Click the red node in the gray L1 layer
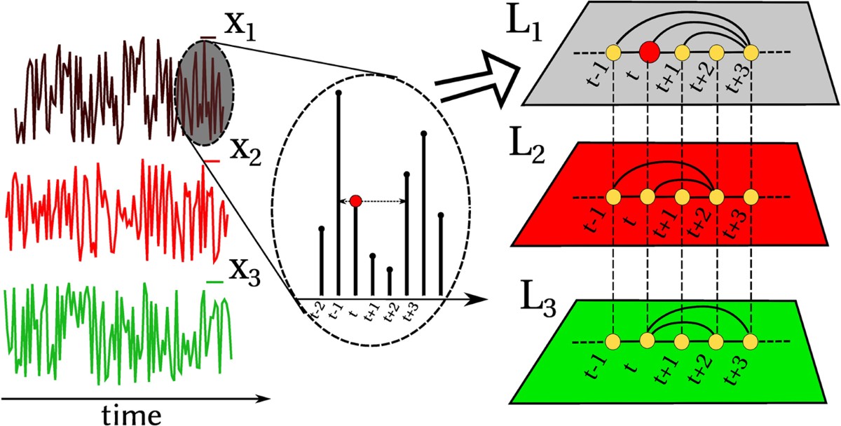[648, 51]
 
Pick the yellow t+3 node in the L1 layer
[751, 52]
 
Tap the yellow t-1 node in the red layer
[614, 197]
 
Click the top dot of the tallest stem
[339, 91]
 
